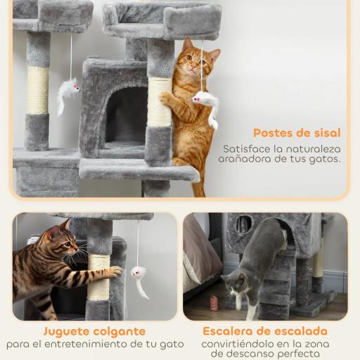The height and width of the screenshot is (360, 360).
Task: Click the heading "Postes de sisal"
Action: point(297,133)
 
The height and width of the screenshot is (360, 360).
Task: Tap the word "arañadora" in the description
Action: point(248,159)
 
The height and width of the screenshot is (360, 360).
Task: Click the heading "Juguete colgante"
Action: point(94,331)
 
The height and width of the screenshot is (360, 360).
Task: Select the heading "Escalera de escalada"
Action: point(265,331)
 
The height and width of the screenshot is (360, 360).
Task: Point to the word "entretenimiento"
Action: point(104,344)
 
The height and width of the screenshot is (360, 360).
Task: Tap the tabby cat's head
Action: point(62,243)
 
